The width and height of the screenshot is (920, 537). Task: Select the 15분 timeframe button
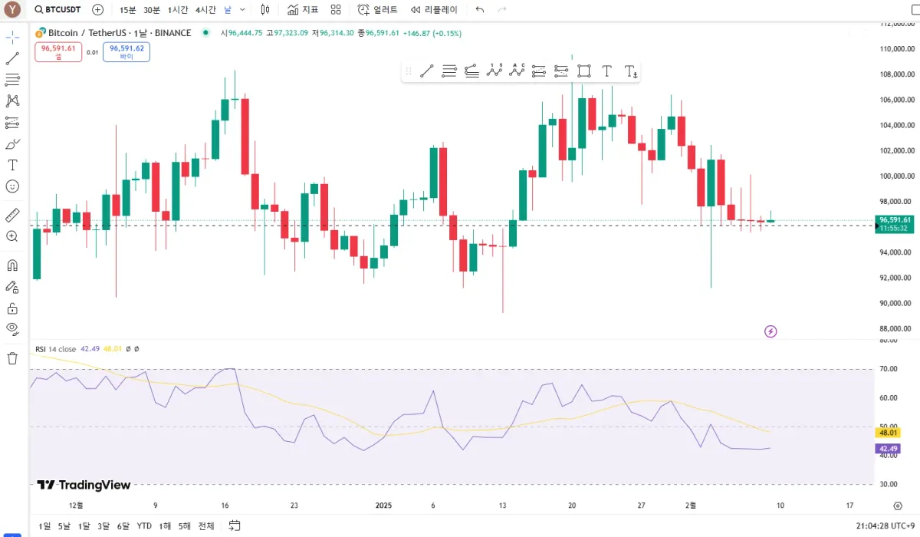pos(127,10)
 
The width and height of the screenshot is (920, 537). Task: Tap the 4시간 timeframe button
pos(205,10)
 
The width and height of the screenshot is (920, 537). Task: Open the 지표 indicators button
pos(303,10)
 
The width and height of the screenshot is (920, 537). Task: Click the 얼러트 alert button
pos(378,10)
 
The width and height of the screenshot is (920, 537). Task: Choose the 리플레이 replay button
pos(434,10)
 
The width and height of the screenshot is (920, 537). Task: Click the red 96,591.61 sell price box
pos(58,51)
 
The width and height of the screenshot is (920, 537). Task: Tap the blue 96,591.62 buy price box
pos(127,51)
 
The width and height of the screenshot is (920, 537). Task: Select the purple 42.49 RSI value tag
pos(888,449)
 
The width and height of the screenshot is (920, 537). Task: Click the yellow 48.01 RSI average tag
pos(888,433)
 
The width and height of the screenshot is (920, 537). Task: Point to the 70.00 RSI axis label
pos(889,369)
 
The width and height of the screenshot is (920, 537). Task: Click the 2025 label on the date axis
pos(384,506)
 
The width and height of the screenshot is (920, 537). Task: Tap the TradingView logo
pos(84,485)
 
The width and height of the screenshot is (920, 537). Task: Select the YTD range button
pos(144,526)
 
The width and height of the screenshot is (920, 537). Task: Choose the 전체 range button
pos(206,526)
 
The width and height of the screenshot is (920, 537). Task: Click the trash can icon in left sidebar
pos(12,358)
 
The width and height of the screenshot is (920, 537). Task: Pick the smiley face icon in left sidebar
pos(12,186)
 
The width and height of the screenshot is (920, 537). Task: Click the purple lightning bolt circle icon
pos(771,331)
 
